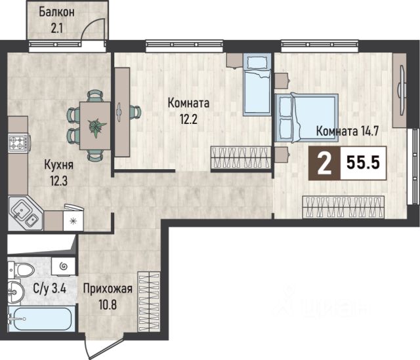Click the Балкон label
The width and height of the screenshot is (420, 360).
57,12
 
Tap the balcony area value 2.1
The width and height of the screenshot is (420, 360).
57,28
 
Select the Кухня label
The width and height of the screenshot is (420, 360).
58,165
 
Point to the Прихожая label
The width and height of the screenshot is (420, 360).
108,289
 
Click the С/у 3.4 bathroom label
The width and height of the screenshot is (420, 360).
50,289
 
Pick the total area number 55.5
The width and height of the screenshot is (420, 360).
363,163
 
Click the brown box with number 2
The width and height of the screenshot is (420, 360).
324,163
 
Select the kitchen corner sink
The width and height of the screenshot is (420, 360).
25,213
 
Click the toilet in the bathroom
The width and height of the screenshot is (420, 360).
22,270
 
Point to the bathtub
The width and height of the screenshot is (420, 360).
41,319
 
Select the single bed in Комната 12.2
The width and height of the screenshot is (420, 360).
257,84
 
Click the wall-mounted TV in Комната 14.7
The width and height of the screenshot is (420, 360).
402,90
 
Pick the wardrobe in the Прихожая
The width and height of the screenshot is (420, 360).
149,302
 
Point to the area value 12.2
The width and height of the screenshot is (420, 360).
188,119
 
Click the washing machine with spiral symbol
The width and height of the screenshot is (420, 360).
63,267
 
